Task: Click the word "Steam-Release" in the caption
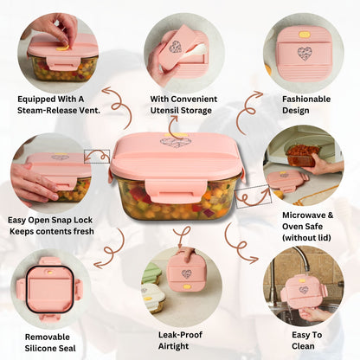pos(49,111)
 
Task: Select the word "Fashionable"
pos(306,100)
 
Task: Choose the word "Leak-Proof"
pos(180,335)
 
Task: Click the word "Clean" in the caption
pos(303,346)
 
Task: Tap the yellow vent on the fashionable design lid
pos(305,35)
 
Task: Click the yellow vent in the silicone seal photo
pos(50,272)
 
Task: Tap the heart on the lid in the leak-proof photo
pos(187,273)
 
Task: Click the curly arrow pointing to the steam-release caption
pos(119,106)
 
